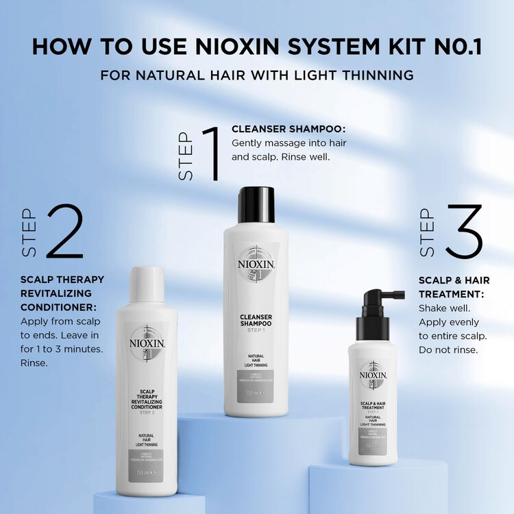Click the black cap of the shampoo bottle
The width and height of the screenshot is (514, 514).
[x=256, y=205]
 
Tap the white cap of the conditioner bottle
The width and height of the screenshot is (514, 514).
[x=147, y=284]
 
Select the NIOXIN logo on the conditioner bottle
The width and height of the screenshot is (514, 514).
[x=147, y=343]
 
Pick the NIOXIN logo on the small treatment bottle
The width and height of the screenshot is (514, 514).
[x=374, y=376]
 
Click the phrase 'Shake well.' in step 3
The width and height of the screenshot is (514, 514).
[x=445, y=308]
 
